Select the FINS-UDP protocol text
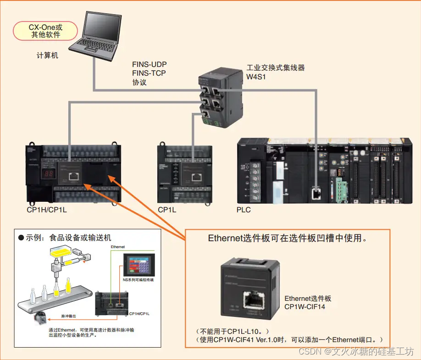pyautogui.click(x=149, y=64)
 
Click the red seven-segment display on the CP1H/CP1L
pyautogui.click(x=48, y=174)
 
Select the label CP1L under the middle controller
pyautogui.click(x=167, y=210)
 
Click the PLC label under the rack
pyautogui.click(x=244, y=210)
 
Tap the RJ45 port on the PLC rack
pyautogui.click(x=316, y=192)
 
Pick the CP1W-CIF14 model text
pyautogui.click(x=305, y=306)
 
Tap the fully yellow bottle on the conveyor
pyautogui.click(x=68, y=287)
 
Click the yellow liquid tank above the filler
pyautogui.click(x=59, y=251)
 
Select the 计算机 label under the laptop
pyautogui.click(x=48, y=55)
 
